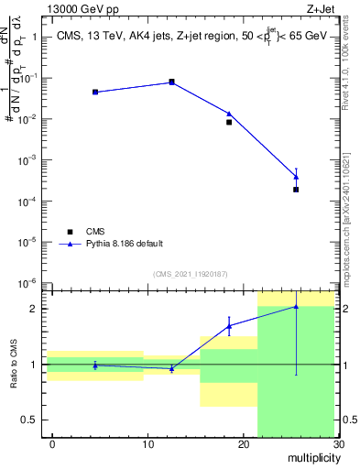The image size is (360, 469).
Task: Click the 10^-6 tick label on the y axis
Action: pyautogui.click(x=27, y=283)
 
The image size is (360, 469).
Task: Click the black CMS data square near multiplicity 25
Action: pyautogui.click(x=296, y=190)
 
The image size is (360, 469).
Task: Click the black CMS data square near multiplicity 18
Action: pyautogui.click(x=229, y=122)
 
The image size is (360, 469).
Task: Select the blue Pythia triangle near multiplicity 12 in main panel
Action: pyautogui.click(x=172, y=82)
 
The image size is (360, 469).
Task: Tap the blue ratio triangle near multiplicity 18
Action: pyautogui.click(x=229, y=325)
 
